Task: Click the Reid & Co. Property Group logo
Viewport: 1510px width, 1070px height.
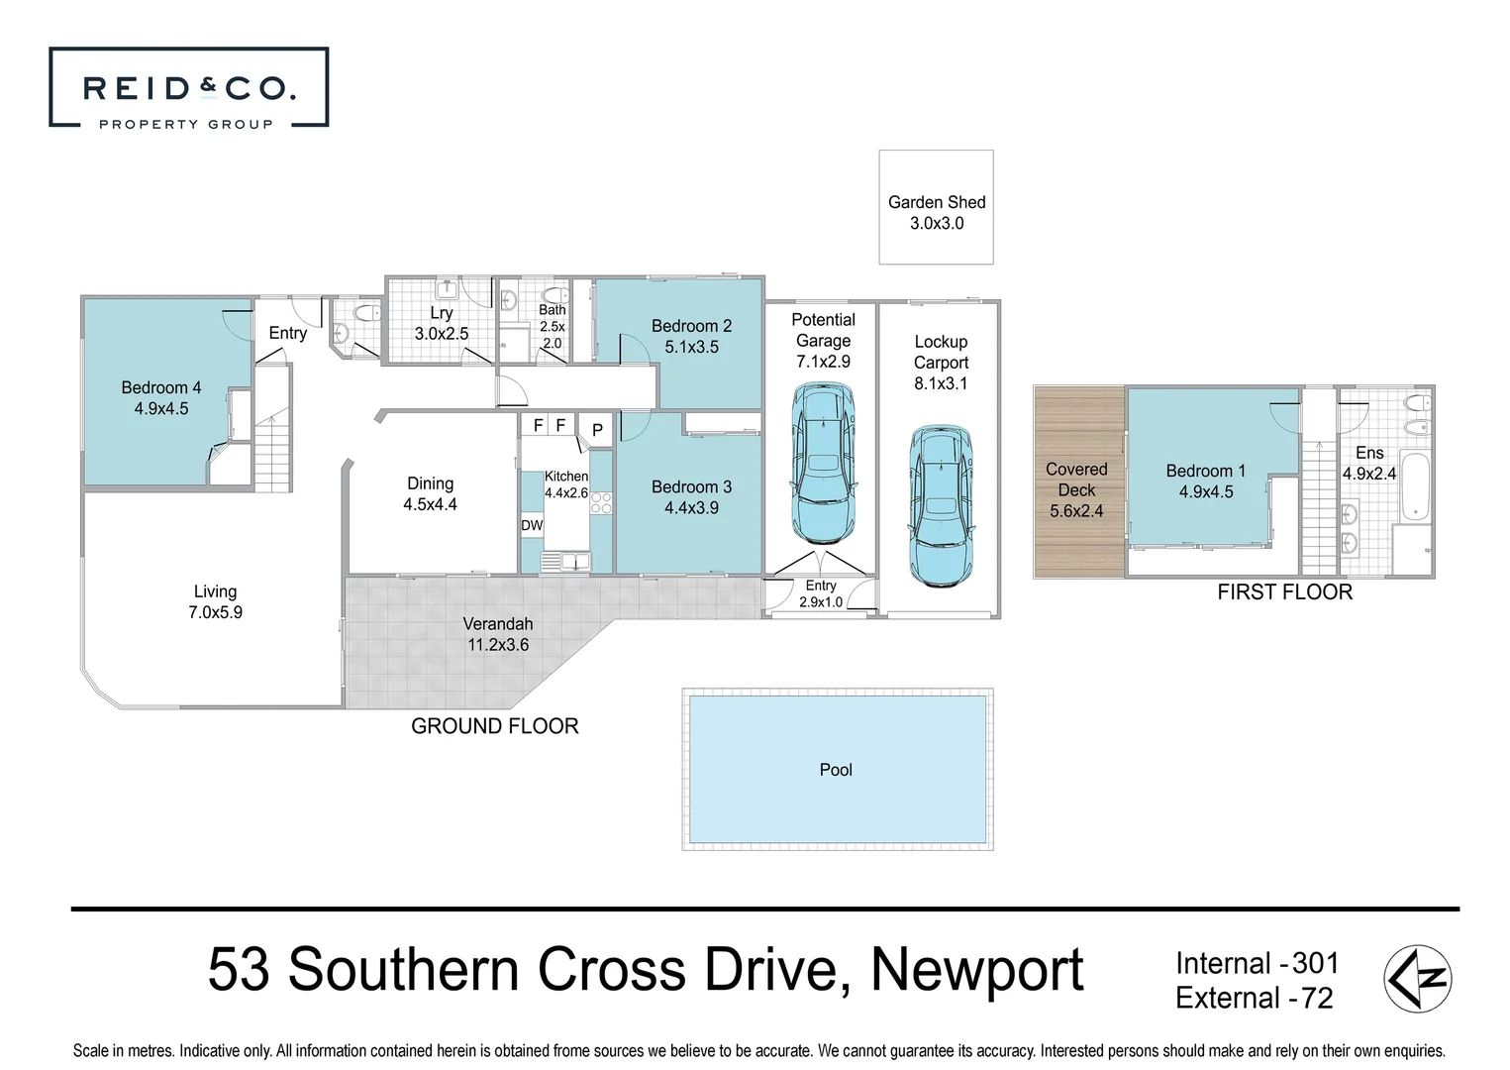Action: click(188, 88)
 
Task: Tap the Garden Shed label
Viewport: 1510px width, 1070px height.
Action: click(937, 202)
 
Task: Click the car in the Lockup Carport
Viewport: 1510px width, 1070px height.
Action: click(941, 504)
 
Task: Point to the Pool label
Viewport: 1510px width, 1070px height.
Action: click(836, 770)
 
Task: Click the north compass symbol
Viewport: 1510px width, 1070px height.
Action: click(1417, 979)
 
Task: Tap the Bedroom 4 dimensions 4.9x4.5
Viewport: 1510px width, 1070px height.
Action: click(161, 408)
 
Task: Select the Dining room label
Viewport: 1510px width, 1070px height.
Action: click(430, 483)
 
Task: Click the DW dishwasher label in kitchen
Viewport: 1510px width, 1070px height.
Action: click(532, 525)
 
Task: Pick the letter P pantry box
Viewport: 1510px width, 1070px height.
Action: click(597, 430)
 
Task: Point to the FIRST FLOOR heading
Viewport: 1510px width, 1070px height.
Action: click(1284, 592)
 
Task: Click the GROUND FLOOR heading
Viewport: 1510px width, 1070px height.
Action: click(494, 726)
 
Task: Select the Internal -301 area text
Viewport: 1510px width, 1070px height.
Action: click(1257, 963)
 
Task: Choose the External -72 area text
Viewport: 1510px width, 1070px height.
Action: click(1254, 998)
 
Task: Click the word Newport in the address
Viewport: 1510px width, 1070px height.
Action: click(976, 970)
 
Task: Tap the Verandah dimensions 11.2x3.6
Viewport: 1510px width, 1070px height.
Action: click(498, 645)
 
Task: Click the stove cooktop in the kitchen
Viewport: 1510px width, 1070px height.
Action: click(601, 502)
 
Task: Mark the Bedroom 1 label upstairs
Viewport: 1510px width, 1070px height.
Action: click(1205, 471)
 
